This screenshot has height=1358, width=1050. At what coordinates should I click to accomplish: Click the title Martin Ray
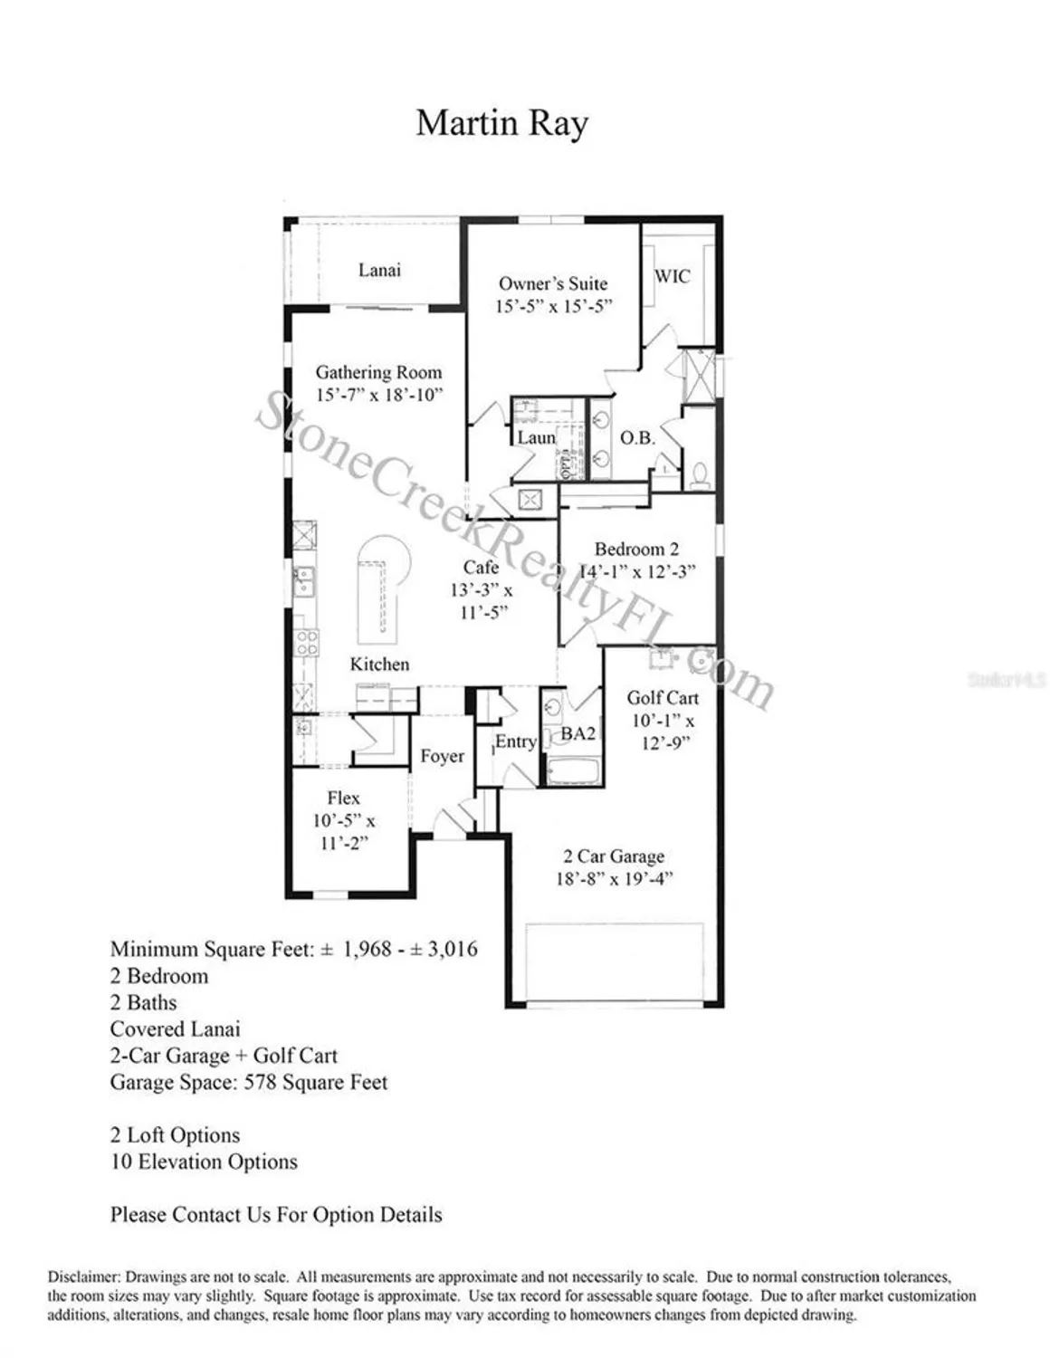coord(501,123)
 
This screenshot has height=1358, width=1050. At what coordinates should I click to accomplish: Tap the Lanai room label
coord(379,270)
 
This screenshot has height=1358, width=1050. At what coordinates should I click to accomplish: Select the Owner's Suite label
coord(553,283)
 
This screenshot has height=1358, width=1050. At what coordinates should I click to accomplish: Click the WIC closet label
coord(672,276)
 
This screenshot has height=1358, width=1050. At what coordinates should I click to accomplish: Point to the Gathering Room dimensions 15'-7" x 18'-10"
coord(378,395)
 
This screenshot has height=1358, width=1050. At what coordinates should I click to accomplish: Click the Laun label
coord(536,437)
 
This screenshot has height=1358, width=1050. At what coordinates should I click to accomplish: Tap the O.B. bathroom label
coord(637,437)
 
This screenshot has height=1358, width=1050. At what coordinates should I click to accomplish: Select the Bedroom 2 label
coord(636,549)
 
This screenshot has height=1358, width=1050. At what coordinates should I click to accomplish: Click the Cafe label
coord(481,567)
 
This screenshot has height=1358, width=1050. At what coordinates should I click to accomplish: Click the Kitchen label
coord(379,664)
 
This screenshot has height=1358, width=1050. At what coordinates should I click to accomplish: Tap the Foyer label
coord(442,756)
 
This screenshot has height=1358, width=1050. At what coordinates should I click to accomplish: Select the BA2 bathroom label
coord(578,733)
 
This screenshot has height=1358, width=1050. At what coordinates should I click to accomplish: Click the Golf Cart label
coord(663,697)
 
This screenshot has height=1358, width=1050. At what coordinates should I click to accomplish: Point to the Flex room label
coord(343,798)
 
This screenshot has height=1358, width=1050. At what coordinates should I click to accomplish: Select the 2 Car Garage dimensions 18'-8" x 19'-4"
coord(614,879)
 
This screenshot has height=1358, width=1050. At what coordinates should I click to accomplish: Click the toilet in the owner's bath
coord(699,475)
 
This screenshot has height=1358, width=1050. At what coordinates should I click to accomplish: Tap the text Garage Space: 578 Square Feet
coord(249,1082)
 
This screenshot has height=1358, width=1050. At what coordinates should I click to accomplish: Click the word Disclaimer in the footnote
coord(83,1277)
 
